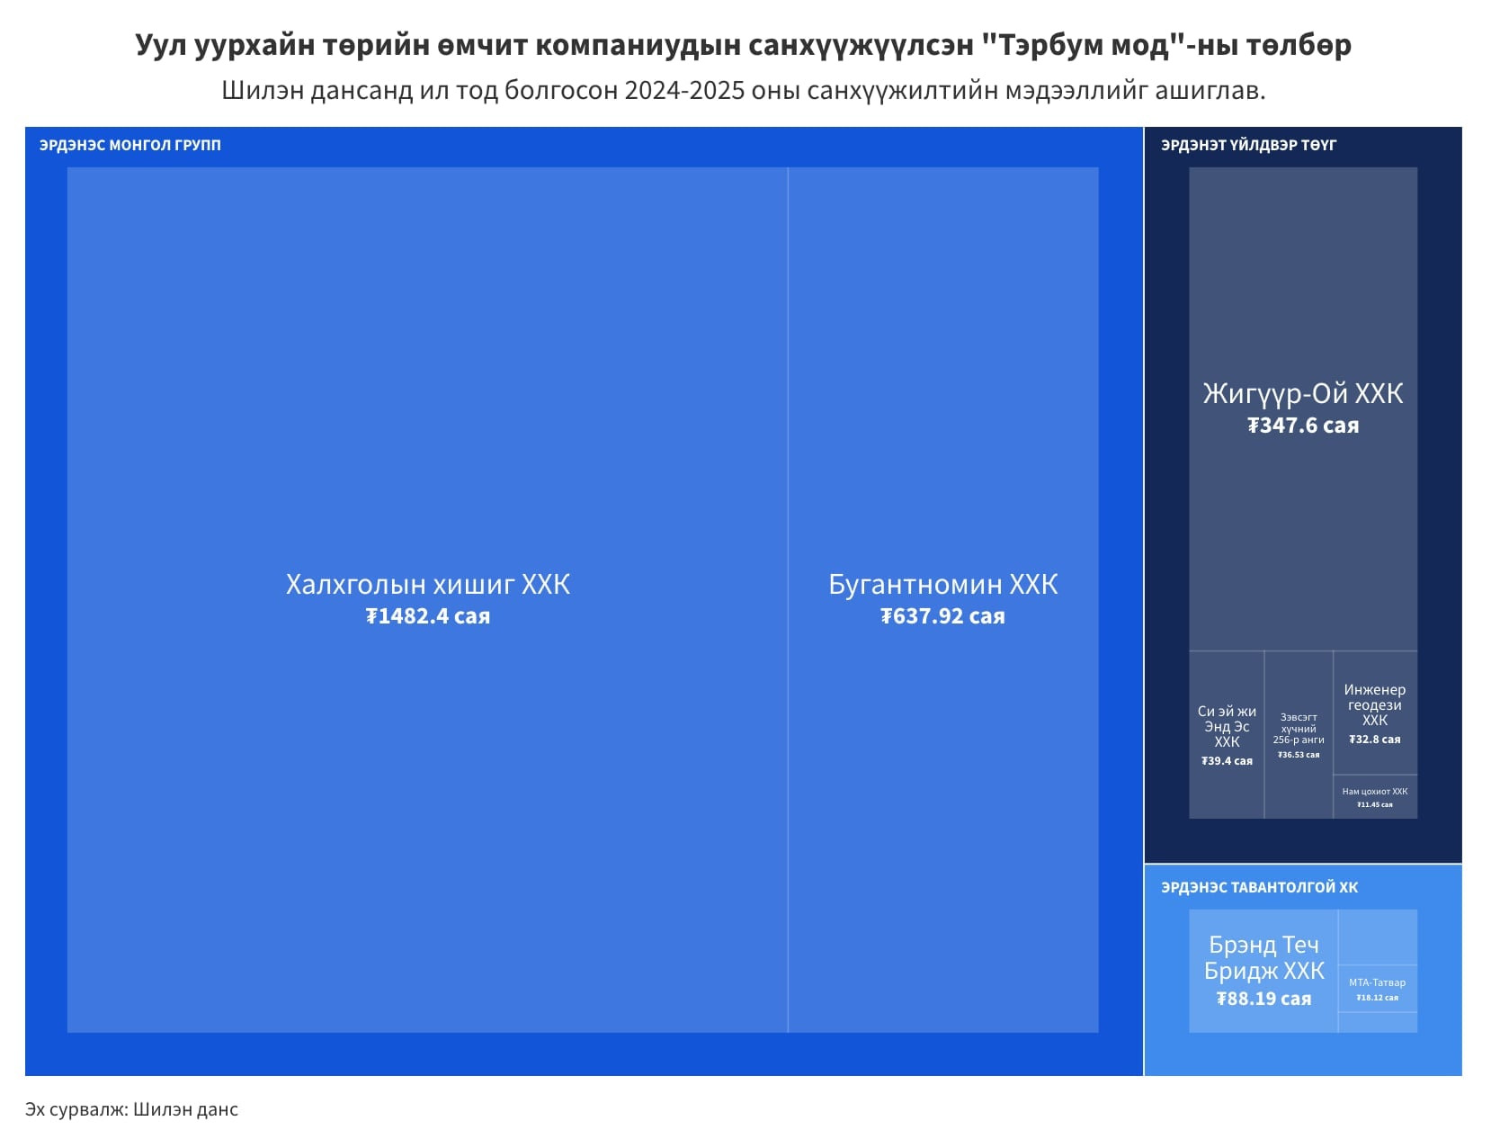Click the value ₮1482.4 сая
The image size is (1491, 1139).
coord(427,616)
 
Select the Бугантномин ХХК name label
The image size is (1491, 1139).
coord(942,585)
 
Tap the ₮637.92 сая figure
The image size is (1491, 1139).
coord(942,616)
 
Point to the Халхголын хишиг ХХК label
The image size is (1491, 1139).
coord(427,585)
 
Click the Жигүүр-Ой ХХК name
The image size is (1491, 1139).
coord(1302,394)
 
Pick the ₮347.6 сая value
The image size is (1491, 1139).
coord(1302,426)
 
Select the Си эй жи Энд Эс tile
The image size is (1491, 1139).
coord(1227,734)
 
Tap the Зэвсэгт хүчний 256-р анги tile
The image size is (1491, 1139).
coord(1299,734)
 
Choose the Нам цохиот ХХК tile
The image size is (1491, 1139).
coord(1375,797)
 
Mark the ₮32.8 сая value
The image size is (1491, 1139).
coord(1375,740)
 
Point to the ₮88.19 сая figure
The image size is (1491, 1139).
coord(1263,999)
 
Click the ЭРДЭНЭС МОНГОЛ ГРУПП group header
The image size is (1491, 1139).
coord(130,145)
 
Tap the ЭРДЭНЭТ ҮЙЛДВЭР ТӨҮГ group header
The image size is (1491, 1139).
coord(1248,145)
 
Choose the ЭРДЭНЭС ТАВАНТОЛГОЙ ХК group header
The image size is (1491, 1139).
coord(1259,887)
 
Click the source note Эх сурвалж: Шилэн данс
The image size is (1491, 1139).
coord(131,1109)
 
